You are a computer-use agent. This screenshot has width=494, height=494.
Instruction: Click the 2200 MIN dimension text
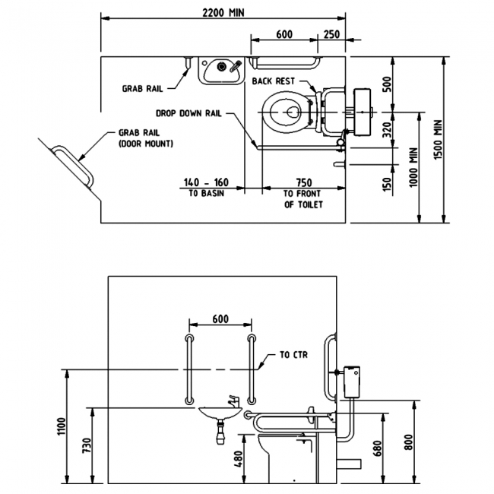(223, 12)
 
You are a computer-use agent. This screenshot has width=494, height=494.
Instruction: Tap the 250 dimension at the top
(331, 34)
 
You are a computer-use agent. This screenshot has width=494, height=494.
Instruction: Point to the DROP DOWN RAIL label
(189, 112)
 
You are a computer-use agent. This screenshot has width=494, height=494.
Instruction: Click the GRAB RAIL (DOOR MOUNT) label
(145, 137)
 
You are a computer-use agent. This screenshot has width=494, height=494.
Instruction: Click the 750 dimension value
(303, 182)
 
